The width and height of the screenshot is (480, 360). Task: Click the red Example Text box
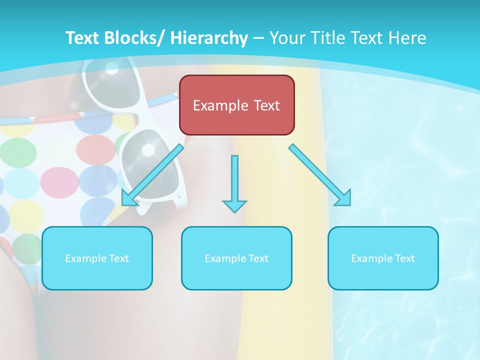coord(236,105)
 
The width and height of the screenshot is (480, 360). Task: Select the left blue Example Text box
coord(97,258)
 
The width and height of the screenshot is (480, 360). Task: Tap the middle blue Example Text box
coord(236,258)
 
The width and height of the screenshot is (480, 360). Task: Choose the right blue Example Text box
coord(383,258)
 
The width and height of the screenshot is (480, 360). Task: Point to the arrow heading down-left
coord(153,175)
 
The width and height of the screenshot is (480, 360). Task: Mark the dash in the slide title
coord(258,38)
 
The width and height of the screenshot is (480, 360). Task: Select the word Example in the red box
coord(220,105)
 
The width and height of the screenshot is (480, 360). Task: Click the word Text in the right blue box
coord(404,258)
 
